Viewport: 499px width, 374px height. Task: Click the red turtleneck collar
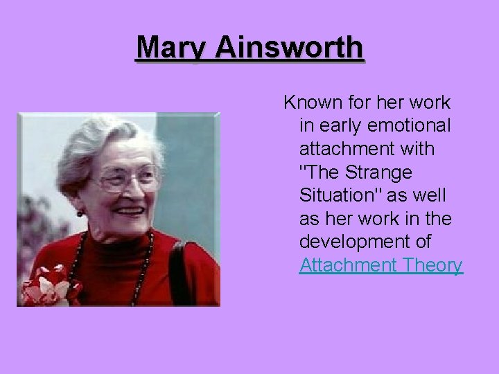tap(118, 246)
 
